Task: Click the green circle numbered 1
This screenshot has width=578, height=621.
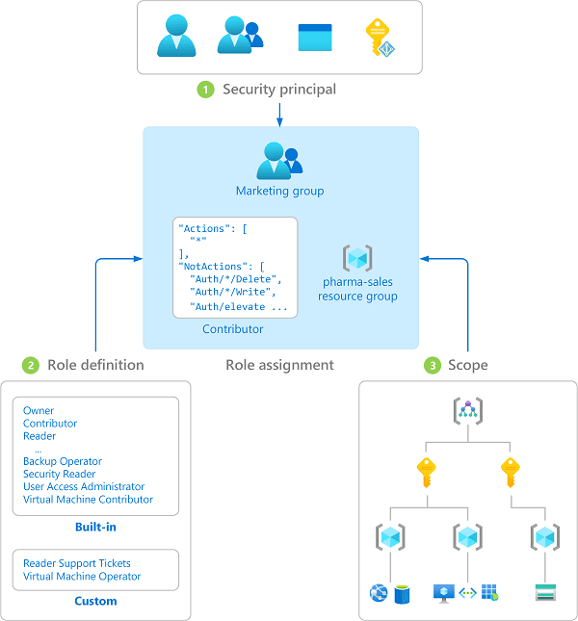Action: (205, 90)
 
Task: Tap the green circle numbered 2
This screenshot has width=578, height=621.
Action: (31, 365)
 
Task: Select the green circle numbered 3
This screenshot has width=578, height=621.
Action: (433, 365)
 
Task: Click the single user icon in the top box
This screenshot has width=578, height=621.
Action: (177, 38)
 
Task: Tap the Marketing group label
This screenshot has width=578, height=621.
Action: (280, 191)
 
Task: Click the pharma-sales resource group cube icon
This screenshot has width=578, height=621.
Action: (358, 258)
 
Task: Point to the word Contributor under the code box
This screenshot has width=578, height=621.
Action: (233, 329)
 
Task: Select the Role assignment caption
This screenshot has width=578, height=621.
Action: (279, 365)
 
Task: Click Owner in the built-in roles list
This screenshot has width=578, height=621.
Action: (39, 411)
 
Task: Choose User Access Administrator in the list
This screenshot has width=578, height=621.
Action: (84, 487)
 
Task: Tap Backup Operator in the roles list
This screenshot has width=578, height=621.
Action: (63, 462)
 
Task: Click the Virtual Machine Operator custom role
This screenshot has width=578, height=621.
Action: (82, 577)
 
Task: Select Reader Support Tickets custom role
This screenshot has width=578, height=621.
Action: (77, 563)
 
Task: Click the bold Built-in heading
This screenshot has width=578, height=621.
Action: (96, 528)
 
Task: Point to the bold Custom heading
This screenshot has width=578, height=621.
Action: (96, 601)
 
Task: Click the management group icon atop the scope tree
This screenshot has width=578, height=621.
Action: (467, 411)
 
